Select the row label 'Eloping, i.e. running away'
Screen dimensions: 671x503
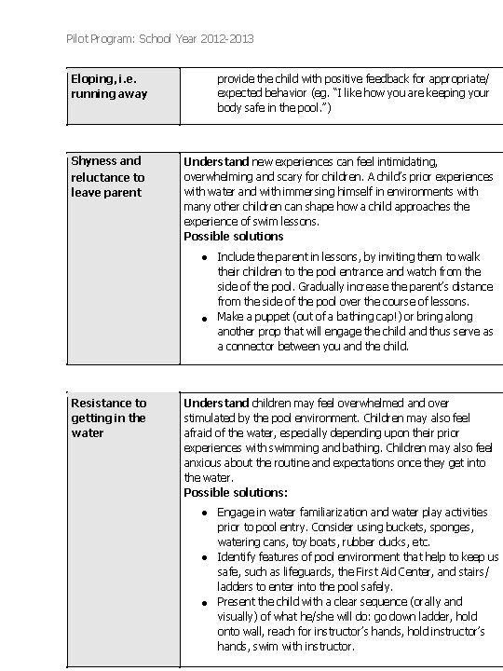coord(109,86)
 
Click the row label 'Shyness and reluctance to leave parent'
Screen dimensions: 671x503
coord(108,176)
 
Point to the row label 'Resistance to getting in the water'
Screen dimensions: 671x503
coord(109,418)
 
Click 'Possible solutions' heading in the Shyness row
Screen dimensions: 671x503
coord(233,237)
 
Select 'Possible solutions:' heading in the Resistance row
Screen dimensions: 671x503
coord(236,492)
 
